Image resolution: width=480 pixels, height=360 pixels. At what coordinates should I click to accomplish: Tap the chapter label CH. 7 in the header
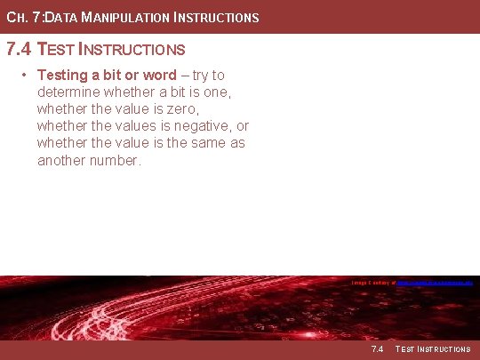tap(21, 17)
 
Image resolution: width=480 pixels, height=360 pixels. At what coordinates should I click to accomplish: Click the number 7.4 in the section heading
tap(20, 49)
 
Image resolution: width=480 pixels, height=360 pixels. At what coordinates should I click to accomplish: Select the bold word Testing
tap(62, 76)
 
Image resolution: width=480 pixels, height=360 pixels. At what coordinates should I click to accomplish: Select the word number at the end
tap(117, 160)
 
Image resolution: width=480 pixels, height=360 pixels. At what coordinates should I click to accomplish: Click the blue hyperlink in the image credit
tap(434, 283)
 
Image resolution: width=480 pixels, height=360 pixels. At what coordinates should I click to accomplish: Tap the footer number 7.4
tap(376, 349)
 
